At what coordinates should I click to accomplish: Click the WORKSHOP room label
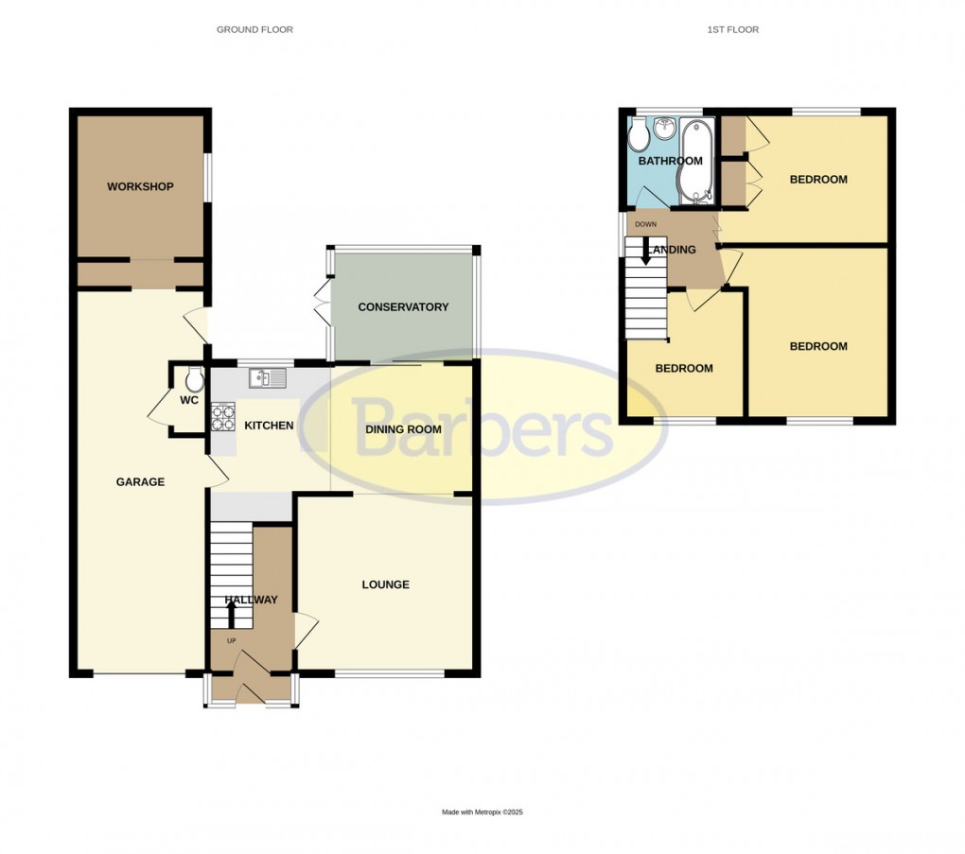pyautogui.click(x=140, y=186)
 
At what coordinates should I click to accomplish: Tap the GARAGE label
pyautogui.click(x=140, y=482)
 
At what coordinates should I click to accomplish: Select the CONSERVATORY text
pyautogui.click(x=403, y=307)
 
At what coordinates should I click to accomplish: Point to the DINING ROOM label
pyautogui.click(x=404, y=429)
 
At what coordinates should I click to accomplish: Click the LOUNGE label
pyautogui.click(x=386, y=584)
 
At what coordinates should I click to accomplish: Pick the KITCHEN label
pyautogui.click(x=269, y=426)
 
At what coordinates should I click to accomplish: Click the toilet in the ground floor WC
pyautogui.click(x=195, y=380)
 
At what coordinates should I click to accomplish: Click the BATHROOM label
pyautogui.click(x=670, y=162)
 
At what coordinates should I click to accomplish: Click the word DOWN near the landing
pyautogui.click(x=645, y=224)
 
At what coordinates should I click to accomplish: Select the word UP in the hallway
pyautogui.click(x=231, y=640)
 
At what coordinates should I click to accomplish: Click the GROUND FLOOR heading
pyautogui.click(x=254, y=30)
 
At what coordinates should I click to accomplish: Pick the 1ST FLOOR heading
pyautogui.click(x=732, y=30)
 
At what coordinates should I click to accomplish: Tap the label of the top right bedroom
pyautogui.click(x=818, y=180)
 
